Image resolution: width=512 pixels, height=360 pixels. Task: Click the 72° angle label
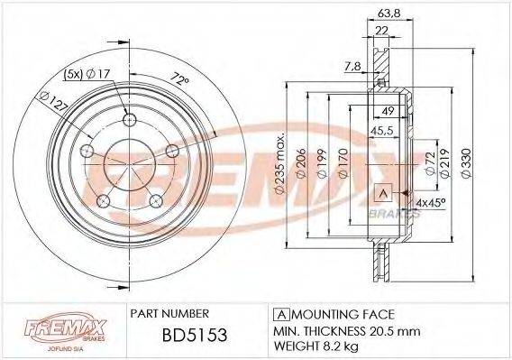click(x=183, y=81)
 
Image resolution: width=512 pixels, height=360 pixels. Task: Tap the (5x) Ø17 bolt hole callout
click(x=88, y=75)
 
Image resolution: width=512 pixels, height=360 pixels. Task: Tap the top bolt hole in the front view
click(x=128, y=121)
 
